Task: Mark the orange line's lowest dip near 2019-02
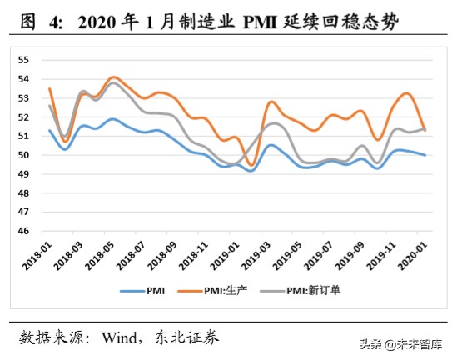(251, 164)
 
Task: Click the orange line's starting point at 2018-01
(50, 88)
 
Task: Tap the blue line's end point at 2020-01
(426, 155)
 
